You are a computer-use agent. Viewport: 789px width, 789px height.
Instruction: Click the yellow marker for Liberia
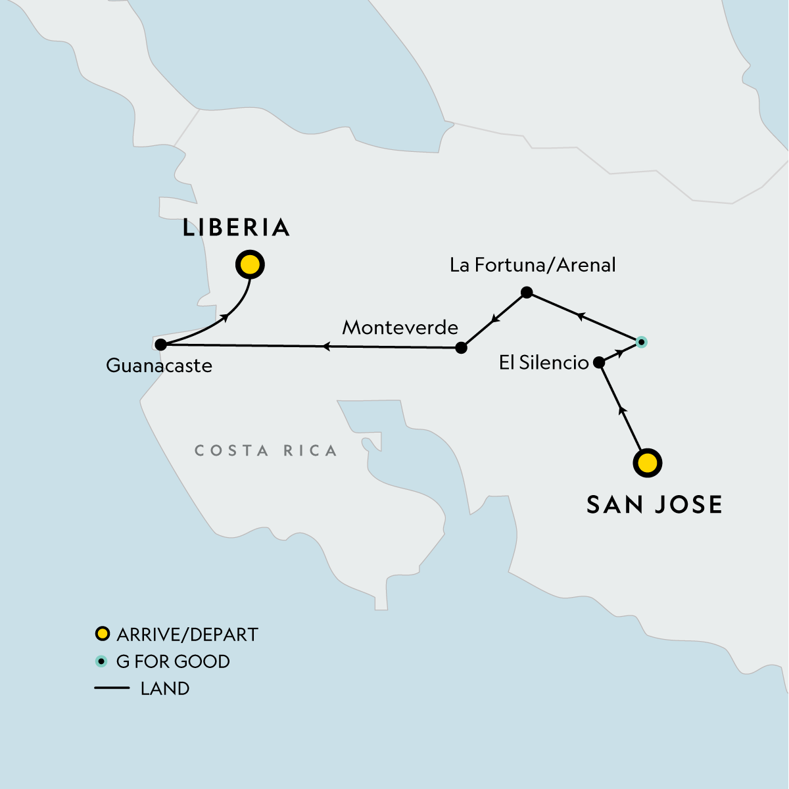(x=250, y=265)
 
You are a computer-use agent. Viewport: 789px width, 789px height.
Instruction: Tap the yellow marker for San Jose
(x=648, y=463)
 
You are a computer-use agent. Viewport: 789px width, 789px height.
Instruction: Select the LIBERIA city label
(x=236, y=227)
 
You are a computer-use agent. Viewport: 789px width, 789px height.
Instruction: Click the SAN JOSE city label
(x=654, y=504)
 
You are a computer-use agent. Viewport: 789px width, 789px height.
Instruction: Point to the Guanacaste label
(x=159, y=366)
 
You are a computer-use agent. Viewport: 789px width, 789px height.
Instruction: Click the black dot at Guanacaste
(x=160, y=344)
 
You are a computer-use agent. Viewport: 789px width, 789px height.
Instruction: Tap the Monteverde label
(x=400, y=327)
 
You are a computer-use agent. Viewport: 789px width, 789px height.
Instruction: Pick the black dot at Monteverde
(x=462, y=348)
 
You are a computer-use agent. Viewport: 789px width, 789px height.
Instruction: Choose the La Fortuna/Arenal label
(x=533, y=265)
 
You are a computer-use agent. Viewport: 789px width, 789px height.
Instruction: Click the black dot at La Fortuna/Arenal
(x=526, y=292)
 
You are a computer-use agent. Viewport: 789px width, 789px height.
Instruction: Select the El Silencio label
(x=544, y=363)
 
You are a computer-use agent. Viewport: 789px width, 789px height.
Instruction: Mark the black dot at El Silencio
(x=599, y=362)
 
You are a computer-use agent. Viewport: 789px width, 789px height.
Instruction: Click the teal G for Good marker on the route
(x=642, y=342)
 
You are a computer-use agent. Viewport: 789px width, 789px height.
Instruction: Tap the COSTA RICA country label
(x=266, y=451)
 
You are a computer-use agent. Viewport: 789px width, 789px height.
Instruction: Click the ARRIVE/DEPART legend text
(x=187, y=634)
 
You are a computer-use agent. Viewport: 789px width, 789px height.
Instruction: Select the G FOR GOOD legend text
(x=173, y=661)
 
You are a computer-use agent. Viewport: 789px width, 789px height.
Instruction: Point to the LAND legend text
(x=165, y=688)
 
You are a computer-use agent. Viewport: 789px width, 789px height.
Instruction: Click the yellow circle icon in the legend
(x=101, y=634)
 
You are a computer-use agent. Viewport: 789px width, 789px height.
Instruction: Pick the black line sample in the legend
(x=112, y=688)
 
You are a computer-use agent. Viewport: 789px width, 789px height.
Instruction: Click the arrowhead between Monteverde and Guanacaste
(x=325, y=346)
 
